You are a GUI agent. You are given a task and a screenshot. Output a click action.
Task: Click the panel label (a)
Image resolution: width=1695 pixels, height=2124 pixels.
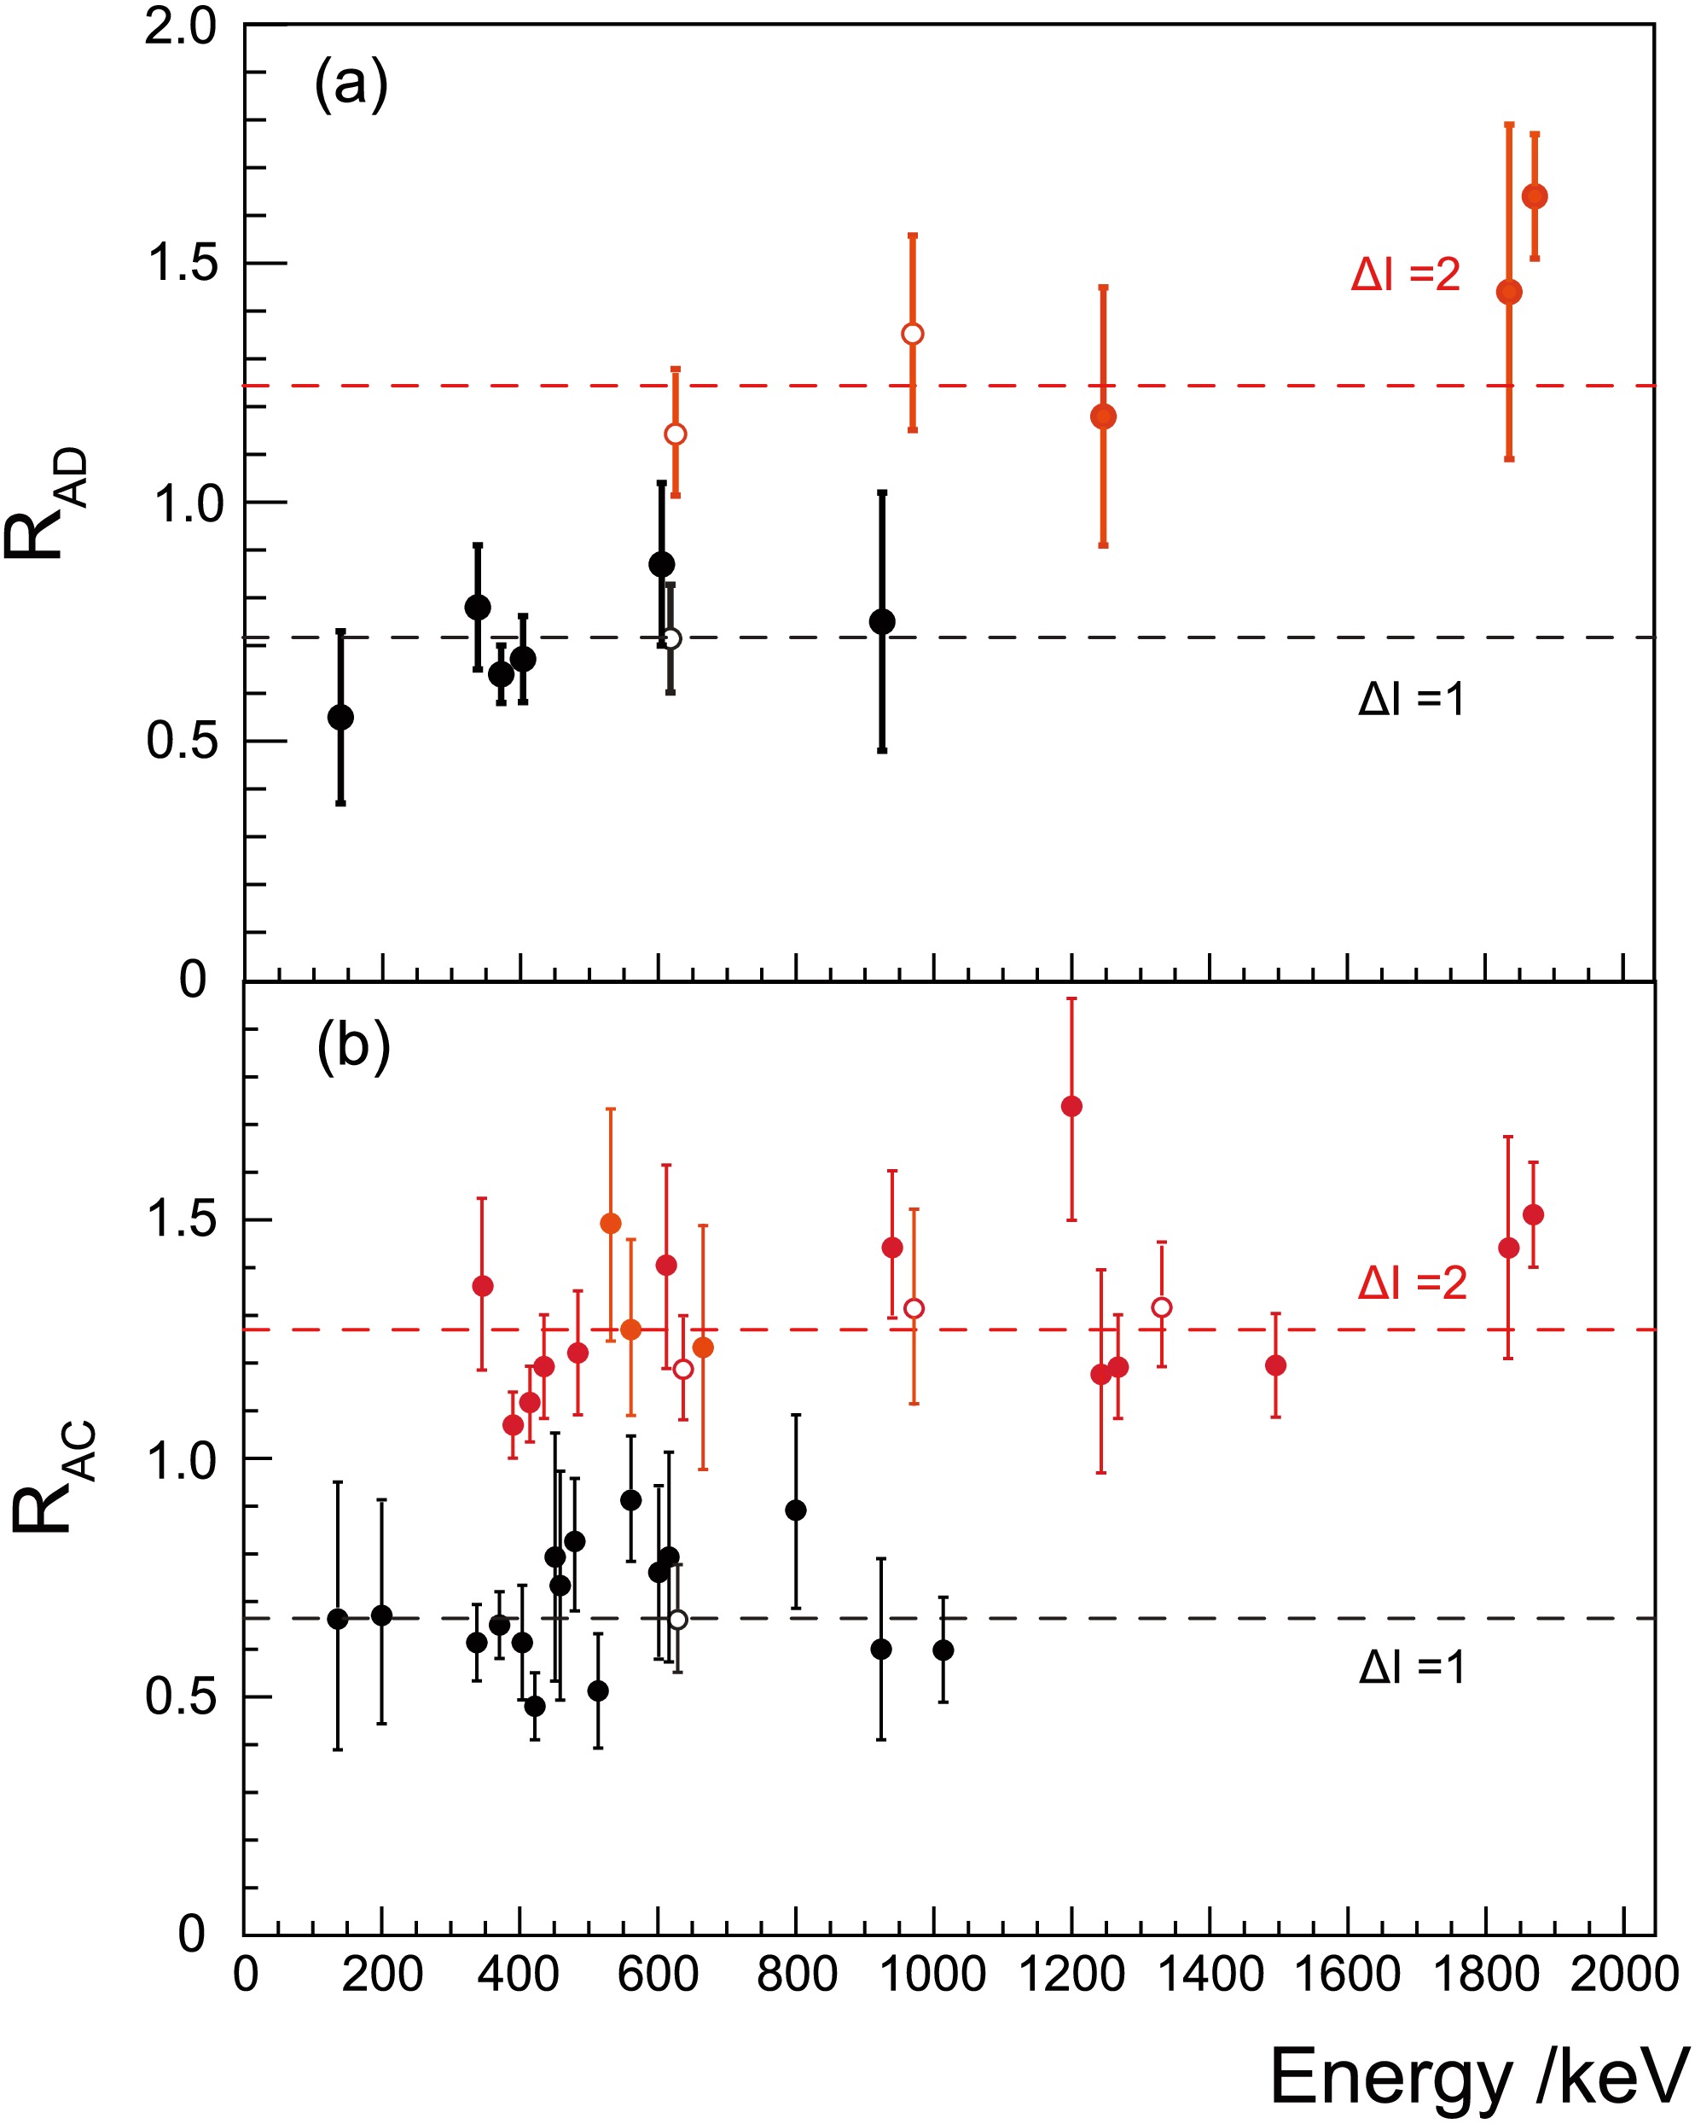point(351,84)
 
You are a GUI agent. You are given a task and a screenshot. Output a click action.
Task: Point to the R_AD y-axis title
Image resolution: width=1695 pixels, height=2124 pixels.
point(45,503)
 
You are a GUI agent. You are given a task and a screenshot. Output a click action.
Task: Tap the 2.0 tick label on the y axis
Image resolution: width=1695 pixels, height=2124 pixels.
point(180,26)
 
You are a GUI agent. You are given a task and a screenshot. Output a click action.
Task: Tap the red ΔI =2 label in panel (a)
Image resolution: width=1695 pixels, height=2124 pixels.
point(1406,274)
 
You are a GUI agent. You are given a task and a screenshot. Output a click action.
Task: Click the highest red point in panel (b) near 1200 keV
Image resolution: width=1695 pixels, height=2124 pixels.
point(1071,1106)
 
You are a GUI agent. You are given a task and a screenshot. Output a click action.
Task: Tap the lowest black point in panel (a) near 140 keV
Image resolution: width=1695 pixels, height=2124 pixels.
point(340,717)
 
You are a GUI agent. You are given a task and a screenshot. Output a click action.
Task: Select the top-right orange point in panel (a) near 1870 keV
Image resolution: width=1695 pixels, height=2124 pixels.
point(1535,197)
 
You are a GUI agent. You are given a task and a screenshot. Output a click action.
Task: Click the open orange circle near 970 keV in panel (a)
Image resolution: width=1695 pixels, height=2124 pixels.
point(913,334)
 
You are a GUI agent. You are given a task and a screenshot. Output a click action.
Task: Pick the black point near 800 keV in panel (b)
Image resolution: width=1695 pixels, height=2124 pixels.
point(796,1510)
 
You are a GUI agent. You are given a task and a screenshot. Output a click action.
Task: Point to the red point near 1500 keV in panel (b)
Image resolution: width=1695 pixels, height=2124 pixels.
point(1275,1365)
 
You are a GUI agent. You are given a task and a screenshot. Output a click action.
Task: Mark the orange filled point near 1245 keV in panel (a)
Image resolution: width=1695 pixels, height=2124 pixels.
point(1103,416)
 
